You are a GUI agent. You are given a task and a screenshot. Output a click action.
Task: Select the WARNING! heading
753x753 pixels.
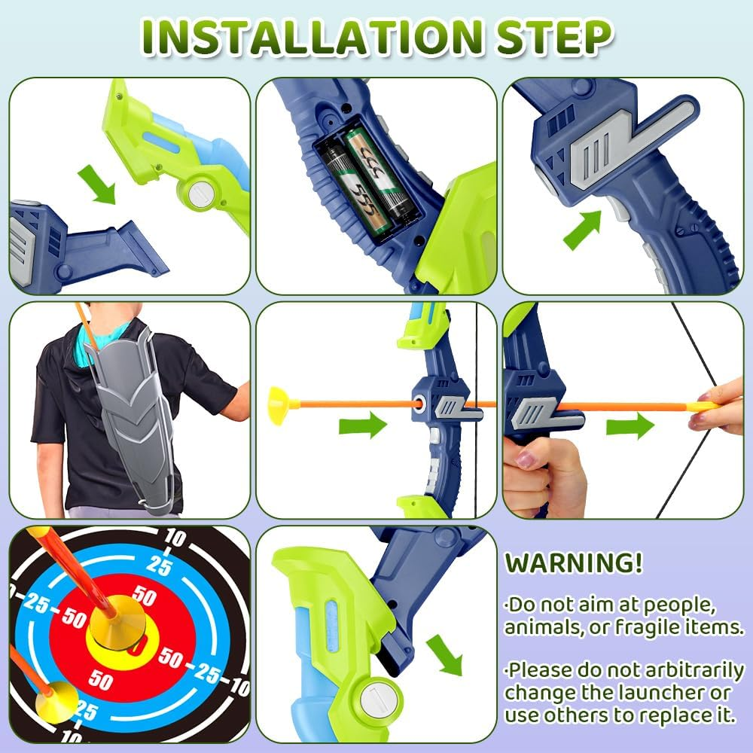tap(574, 562)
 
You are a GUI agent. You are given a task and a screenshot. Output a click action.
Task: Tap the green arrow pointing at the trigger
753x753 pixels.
tap(583, 230)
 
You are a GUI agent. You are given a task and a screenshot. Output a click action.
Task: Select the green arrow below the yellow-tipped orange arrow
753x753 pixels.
tap(363, 426)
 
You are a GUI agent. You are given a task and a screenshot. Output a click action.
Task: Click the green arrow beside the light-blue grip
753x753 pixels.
tap(444, 654)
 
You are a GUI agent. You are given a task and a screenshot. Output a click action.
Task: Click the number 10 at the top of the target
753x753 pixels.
tap(175, 538)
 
